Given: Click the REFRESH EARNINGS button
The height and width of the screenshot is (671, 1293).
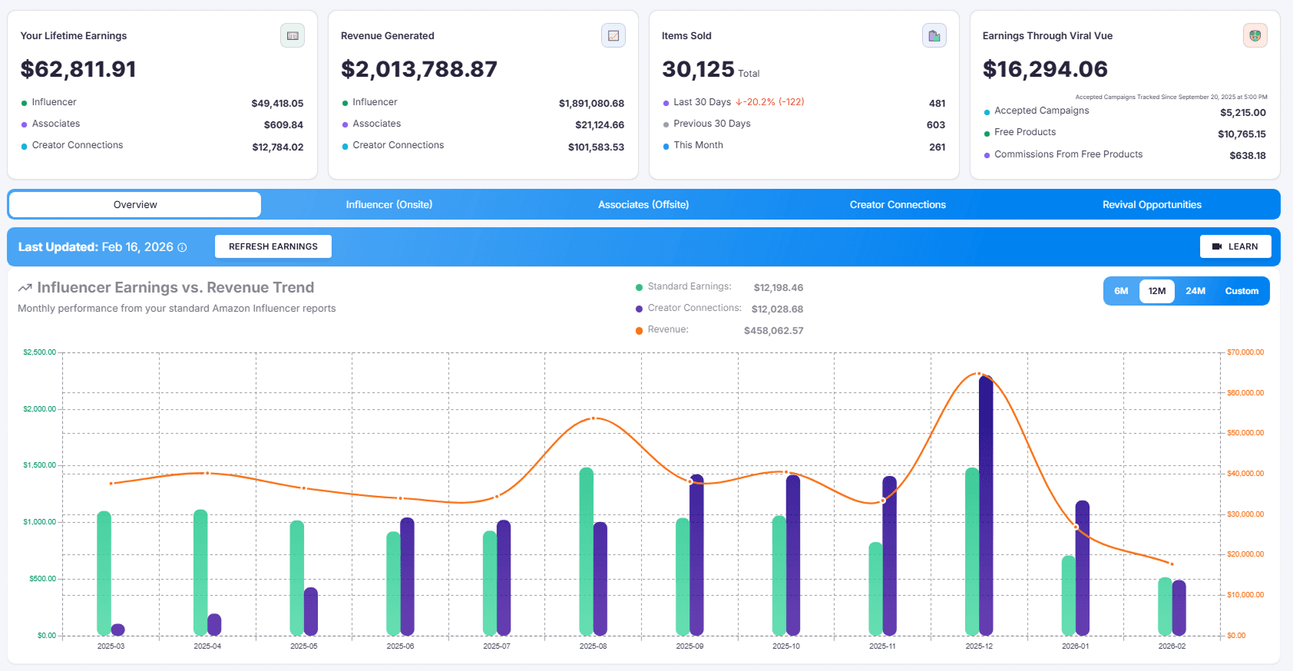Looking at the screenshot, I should (273, 246).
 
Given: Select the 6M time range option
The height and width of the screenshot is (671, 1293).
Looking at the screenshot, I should (1121, 291).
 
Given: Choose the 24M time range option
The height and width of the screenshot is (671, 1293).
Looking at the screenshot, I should (1195, 291).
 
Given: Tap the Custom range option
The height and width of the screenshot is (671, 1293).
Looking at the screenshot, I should (1242, 291).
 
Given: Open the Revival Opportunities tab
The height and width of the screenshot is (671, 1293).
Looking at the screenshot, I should (1152, 205).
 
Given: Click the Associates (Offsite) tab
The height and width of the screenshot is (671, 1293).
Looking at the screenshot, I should (643, 205).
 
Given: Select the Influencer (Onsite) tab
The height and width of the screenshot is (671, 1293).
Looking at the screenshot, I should (389, 205).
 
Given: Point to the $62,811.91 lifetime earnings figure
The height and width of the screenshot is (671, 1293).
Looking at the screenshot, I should (78, 69).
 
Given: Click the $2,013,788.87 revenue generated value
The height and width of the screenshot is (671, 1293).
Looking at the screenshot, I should (419, 69).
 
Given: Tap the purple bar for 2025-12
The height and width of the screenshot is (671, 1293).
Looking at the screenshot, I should (986, 507).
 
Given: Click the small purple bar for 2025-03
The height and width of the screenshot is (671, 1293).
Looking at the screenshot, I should (117, 630).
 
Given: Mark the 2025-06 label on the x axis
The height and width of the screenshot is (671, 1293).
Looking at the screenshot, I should (400, 646).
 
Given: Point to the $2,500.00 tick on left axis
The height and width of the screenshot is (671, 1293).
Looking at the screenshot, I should (39, 352).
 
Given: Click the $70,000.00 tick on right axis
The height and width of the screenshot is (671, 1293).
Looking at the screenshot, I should (1245, 352).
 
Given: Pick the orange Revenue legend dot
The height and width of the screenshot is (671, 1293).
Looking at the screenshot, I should (639, 330).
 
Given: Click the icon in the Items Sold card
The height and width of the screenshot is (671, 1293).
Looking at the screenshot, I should (934, 35).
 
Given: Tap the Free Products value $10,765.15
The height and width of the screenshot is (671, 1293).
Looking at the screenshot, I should (1242, 134).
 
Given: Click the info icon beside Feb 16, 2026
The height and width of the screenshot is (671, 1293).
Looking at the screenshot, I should (182, 247).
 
